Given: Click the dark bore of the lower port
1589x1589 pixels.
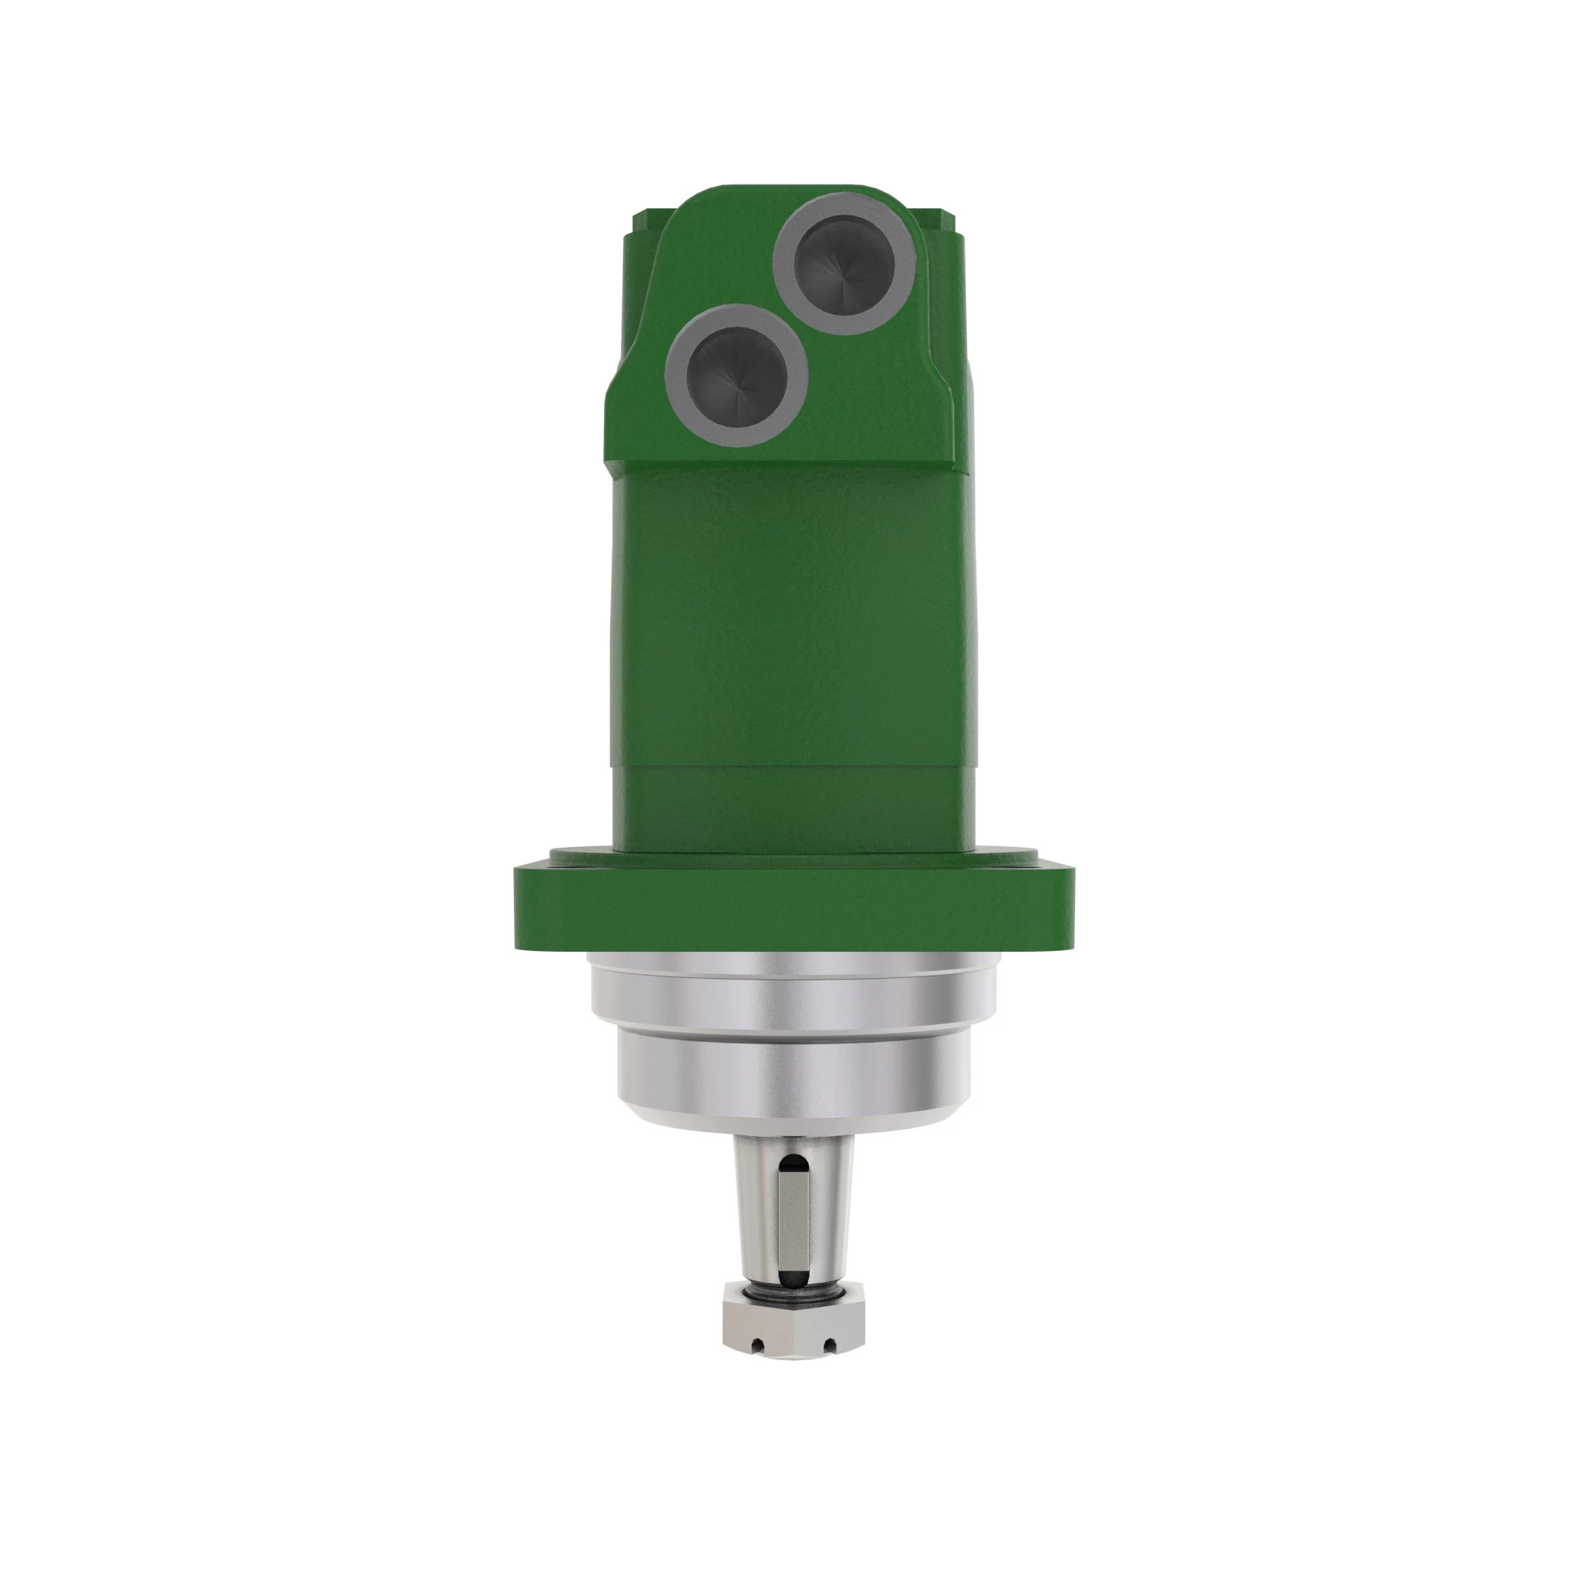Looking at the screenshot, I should click(737, 375).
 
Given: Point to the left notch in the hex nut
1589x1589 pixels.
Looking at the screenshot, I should click(758, 1346).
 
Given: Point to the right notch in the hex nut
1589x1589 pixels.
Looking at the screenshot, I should click(829, 1346).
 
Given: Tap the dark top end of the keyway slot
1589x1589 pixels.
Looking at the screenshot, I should click(793, 1163).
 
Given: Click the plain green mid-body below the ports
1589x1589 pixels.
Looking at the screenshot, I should click(794, 617).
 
